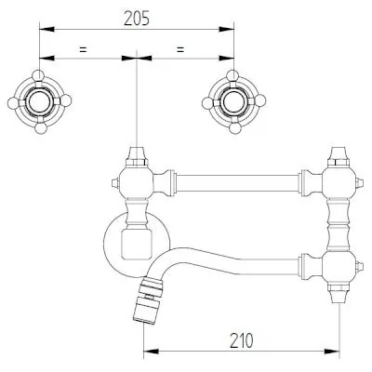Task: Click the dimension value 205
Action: (137, 19)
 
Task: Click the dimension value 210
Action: (242, 340)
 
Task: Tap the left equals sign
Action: (83, 49)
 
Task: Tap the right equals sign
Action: (180, 49)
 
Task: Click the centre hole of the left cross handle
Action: (39, 101)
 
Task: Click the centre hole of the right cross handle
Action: (233, 101)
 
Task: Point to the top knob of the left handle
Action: (38, 75)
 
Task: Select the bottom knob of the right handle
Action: (234, 128)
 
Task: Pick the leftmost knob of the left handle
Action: (13, 103)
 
